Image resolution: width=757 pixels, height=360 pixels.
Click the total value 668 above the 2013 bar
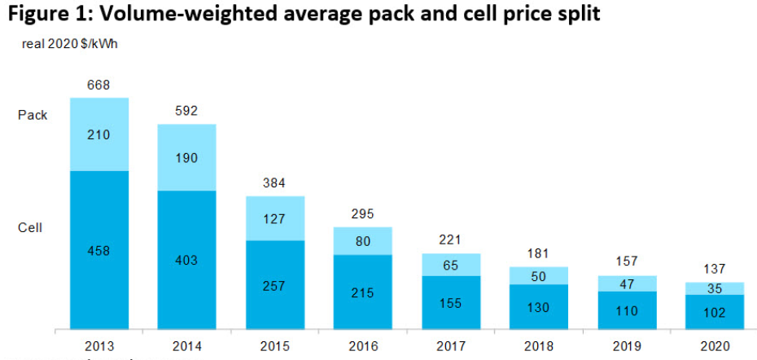point(99,86)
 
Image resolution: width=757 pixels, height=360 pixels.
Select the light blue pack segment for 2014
point(186,157)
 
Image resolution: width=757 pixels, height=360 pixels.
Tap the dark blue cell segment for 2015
point(275,284)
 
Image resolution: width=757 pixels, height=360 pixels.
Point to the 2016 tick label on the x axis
point(362,345)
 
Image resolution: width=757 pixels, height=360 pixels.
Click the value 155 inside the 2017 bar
point(450,303)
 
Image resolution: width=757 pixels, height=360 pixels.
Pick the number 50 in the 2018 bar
point(539,276)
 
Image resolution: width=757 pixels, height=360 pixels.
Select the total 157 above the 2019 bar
point(628,263)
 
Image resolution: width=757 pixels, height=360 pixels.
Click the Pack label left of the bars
point(33,116)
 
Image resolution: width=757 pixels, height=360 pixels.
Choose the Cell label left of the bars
point(30,228)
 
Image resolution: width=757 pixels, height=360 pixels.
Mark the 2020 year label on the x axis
point(715,345)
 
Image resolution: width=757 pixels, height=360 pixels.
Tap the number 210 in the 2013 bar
point(99,135)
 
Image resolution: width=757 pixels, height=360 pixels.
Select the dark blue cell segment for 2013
point(99,249)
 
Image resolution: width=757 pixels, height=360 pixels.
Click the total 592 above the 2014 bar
point(187,112)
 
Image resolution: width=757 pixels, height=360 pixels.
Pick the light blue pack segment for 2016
point(363,241)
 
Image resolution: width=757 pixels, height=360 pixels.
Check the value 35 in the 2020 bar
point(715,288)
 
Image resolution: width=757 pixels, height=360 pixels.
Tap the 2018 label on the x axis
point(539,345)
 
